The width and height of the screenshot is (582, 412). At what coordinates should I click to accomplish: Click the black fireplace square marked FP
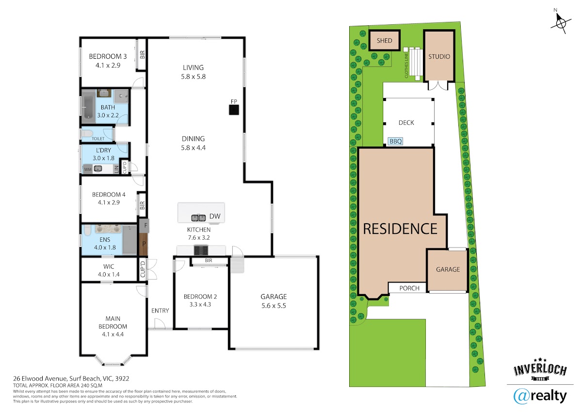(x=234, y=110)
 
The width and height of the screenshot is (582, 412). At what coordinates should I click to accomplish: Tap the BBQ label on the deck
(x=396, y=141)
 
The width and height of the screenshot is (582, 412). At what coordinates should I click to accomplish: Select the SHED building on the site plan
(x=384, y=41)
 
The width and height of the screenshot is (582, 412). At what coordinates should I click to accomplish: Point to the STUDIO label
(x=439, y=56)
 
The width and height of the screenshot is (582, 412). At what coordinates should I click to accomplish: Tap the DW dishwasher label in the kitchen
(x=215, y=216)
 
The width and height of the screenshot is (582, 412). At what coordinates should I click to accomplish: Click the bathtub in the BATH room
(x=88, y=107)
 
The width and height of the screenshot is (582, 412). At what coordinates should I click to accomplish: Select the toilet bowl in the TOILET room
(x=87, y=133)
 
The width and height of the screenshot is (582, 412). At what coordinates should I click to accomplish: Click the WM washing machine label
(x=88, y=169)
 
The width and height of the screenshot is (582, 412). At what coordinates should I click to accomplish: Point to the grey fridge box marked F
(x=144, y=226)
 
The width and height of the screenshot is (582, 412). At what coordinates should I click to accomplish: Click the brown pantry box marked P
(x=144, y=244)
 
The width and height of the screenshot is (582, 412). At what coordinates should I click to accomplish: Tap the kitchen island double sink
(x=198, y=217)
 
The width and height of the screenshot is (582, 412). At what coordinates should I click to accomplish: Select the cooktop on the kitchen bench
(x=201, y=250)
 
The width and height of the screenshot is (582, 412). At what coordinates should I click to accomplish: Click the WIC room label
(x=109, y=266)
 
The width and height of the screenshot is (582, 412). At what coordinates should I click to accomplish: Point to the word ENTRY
(x=160, y=311)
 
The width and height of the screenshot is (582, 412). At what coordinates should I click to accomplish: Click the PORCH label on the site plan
(x=409, y=288)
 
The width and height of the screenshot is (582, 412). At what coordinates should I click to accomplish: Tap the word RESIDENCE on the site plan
(x=400, y=229)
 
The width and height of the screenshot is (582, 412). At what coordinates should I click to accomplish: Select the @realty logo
(x=540, y=396)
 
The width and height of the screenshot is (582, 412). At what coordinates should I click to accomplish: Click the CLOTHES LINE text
(x=406, y=65)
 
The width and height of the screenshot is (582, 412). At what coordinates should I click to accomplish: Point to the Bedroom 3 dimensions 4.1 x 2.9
(x=108, y=65)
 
